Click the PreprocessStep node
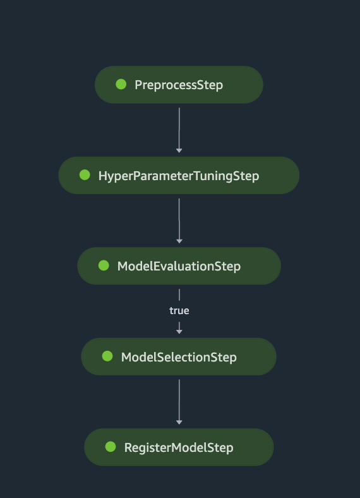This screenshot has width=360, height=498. [x=179, y=85]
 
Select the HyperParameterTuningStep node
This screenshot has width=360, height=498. [x=179, y=176]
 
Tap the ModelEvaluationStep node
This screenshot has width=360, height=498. [x=179, y=266]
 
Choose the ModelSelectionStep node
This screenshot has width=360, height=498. [x=179, y=357]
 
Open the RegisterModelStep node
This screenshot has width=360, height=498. [x=179, y=447]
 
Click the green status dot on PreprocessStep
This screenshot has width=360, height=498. [x=121, y=84]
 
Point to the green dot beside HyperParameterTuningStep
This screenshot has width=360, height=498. [x=85, y=175]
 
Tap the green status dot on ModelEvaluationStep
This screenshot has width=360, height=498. [x=104, y=265]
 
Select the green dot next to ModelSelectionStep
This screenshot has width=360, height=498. [x=107, y=356]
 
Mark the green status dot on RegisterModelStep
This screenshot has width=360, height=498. [x=111, y=447]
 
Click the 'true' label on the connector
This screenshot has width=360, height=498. [x=179, y=310]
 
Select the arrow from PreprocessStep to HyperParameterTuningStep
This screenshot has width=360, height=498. [x=179, y=129]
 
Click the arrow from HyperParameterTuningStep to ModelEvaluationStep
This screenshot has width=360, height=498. [x=179, y=220]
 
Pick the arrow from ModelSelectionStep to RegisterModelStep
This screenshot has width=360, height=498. [x=179, y=401]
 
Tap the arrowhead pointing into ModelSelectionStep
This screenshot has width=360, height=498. [x=179, y=331]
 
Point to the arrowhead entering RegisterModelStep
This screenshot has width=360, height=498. [x=179, y=422]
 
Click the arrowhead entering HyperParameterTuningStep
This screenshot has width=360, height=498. [x=179, y=150]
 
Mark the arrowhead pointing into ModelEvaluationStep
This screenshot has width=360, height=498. [x=179, y=241]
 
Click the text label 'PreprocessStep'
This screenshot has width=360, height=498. [x=179, y=85]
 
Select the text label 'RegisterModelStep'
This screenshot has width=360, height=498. [x=179, y=447]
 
